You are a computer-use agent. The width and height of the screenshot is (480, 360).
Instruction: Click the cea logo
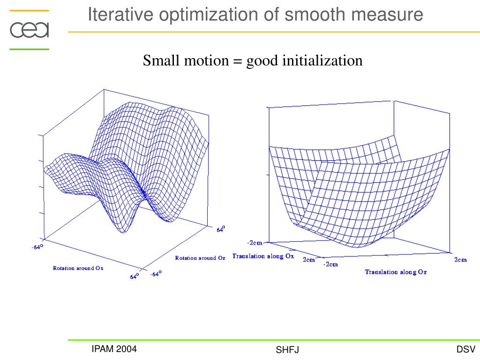[x=29, y=30]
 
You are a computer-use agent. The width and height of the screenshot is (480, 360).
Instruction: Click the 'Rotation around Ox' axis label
[x=78, y=268]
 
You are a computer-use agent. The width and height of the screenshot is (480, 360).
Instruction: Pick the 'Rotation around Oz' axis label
[x=197, y=258]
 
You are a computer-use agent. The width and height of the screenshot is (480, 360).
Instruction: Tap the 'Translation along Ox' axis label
[x=263, y=256]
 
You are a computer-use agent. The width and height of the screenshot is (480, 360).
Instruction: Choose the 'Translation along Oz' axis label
[x=396, y=272]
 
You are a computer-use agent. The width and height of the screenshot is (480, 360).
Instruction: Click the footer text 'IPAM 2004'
[x=114, y=349]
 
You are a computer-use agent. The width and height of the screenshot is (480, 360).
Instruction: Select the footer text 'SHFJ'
[x=287, y=350]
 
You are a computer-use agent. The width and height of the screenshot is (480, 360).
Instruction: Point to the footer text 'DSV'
[x=466, y=349]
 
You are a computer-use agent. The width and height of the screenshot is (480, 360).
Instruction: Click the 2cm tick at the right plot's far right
[x=460, y=260]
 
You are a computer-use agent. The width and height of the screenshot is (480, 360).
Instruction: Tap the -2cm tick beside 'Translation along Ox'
[x=255, y=243]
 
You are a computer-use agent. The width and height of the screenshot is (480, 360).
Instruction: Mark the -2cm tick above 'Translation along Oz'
[x=331, y=264]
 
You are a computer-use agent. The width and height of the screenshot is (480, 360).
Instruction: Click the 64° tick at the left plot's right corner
[x=220, y=229]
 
